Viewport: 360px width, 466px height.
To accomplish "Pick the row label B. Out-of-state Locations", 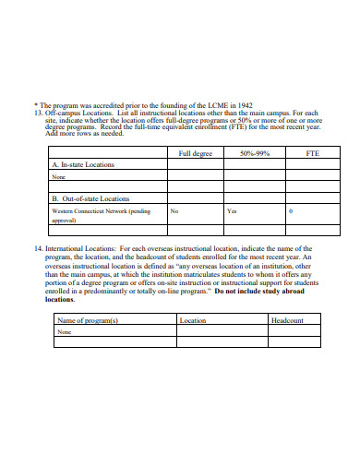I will click(x=90, y=198).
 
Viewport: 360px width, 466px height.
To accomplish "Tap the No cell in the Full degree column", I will click(x=174, y=210).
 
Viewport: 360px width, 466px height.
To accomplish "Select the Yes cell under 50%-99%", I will click(x=232, y=210).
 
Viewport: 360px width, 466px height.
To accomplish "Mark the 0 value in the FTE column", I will click(x=291, y=210).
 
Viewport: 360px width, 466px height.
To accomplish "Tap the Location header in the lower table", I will click(x=193, y=320).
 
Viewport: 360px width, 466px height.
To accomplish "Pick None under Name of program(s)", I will click(x=65, y=331).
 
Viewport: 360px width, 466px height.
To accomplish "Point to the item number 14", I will click(x=38, y=249).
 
